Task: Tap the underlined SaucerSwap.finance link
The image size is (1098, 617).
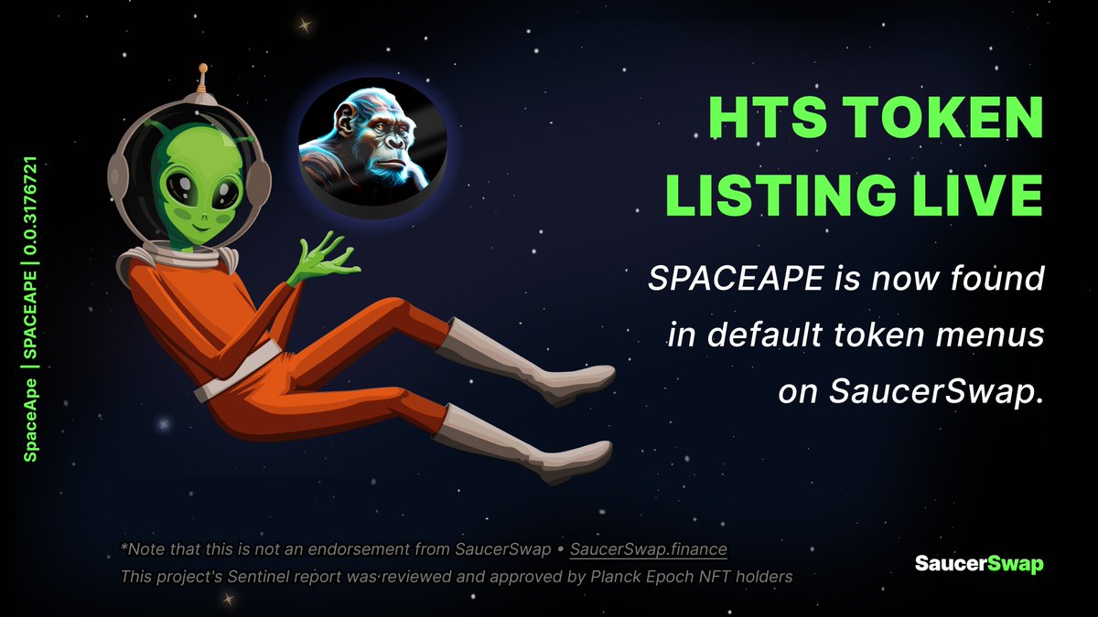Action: click(x=648, y=549)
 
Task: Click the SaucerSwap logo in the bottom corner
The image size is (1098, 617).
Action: click(x=979, y=563)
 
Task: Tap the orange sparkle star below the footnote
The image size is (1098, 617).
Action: click(x=228, y=600)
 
